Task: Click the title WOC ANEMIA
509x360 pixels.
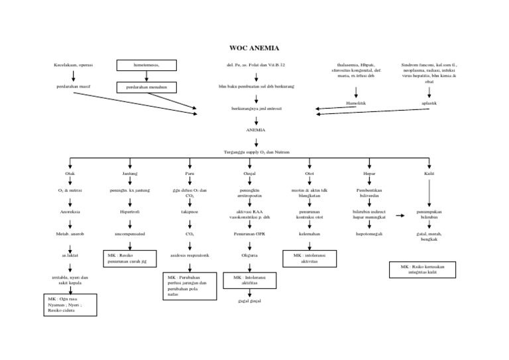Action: [254, 48]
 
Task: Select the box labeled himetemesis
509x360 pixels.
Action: [146, 65]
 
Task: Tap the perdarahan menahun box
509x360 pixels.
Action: [146, 87]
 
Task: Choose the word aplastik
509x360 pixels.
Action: [429, 103]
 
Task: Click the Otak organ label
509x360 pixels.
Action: [70, 173]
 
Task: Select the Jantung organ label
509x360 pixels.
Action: [130, 173]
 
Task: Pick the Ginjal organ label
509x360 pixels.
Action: [249, 173]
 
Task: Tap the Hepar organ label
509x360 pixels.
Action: [369, 173]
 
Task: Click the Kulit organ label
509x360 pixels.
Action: [429, 173]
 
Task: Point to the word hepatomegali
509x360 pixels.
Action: [369, 234]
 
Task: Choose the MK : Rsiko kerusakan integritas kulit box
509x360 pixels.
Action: [422, 269]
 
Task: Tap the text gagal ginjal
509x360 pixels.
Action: [249, 301]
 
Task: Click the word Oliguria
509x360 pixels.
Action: [249, 255]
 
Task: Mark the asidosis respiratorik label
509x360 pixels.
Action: [190, 255]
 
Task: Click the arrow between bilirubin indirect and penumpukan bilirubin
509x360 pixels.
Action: [400, 215]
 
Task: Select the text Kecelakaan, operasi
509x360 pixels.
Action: [74, 65]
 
